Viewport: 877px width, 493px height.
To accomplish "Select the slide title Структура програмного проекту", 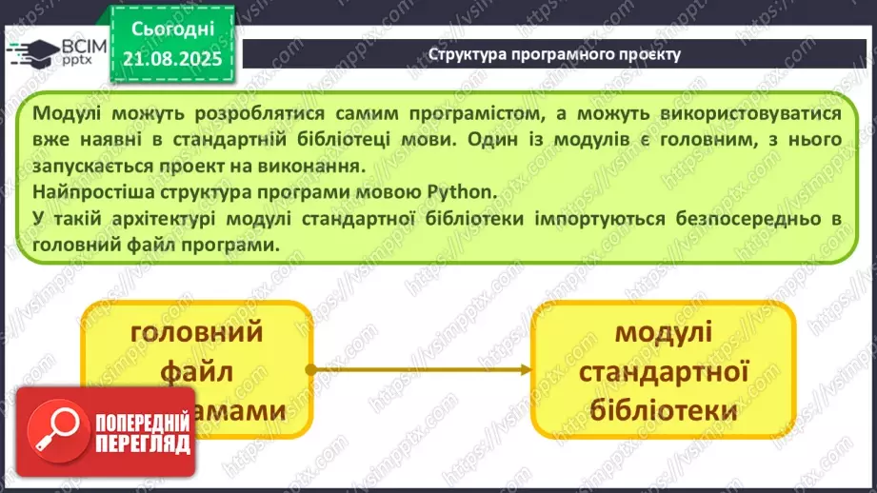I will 554,53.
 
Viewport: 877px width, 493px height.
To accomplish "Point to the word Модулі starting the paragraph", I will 66,113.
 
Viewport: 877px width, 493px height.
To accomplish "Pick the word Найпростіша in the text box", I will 85,189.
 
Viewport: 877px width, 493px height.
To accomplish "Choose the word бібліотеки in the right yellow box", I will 663,410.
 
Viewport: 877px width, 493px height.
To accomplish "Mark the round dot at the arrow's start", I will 311,368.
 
